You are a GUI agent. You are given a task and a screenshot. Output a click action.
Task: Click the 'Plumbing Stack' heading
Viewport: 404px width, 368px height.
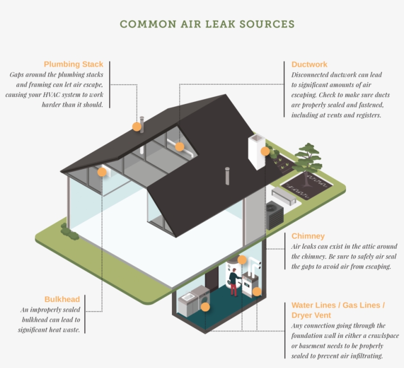coord(73,64)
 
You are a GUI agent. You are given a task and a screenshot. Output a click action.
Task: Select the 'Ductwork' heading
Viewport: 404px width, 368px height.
coord(309,65)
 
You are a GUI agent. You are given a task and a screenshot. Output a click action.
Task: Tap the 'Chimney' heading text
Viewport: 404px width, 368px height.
coord(308,236)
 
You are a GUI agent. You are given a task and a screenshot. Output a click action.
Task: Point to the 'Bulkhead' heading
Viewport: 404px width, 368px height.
coord(62,299)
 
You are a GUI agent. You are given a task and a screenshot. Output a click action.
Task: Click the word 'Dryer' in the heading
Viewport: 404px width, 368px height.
coord(302,315)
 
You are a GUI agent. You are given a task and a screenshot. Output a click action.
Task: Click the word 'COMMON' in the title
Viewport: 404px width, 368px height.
coord(148,24)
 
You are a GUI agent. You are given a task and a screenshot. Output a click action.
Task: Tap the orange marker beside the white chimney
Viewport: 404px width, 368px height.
coord(265,151)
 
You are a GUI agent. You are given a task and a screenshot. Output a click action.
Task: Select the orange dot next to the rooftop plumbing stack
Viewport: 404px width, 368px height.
coord(137,127)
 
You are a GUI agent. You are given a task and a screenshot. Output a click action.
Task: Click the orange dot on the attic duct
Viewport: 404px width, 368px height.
coord(180,147)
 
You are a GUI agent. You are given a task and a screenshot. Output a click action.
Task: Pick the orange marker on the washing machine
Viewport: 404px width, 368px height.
coord(205,307)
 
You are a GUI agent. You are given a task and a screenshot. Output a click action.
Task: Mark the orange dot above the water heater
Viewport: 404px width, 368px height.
coord(242,260)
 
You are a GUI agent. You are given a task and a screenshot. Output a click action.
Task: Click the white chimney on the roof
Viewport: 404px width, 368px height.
coord(257,152)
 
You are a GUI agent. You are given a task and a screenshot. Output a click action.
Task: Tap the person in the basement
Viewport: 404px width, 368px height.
coord(234,282)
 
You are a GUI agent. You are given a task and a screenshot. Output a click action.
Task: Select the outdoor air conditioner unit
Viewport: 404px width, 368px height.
coord(274,215)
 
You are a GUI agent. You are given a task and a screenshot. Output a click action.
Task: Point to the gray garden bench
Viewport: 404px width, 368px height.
coord(284,196)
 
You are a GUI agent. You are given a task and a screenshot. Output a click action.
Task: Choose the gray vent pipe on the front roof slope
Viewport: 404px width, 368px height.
coord(227,176)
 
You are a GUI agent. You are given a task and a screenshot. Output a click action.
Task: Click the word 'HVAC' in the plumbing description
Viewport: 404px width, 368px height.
coord(51,95)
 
